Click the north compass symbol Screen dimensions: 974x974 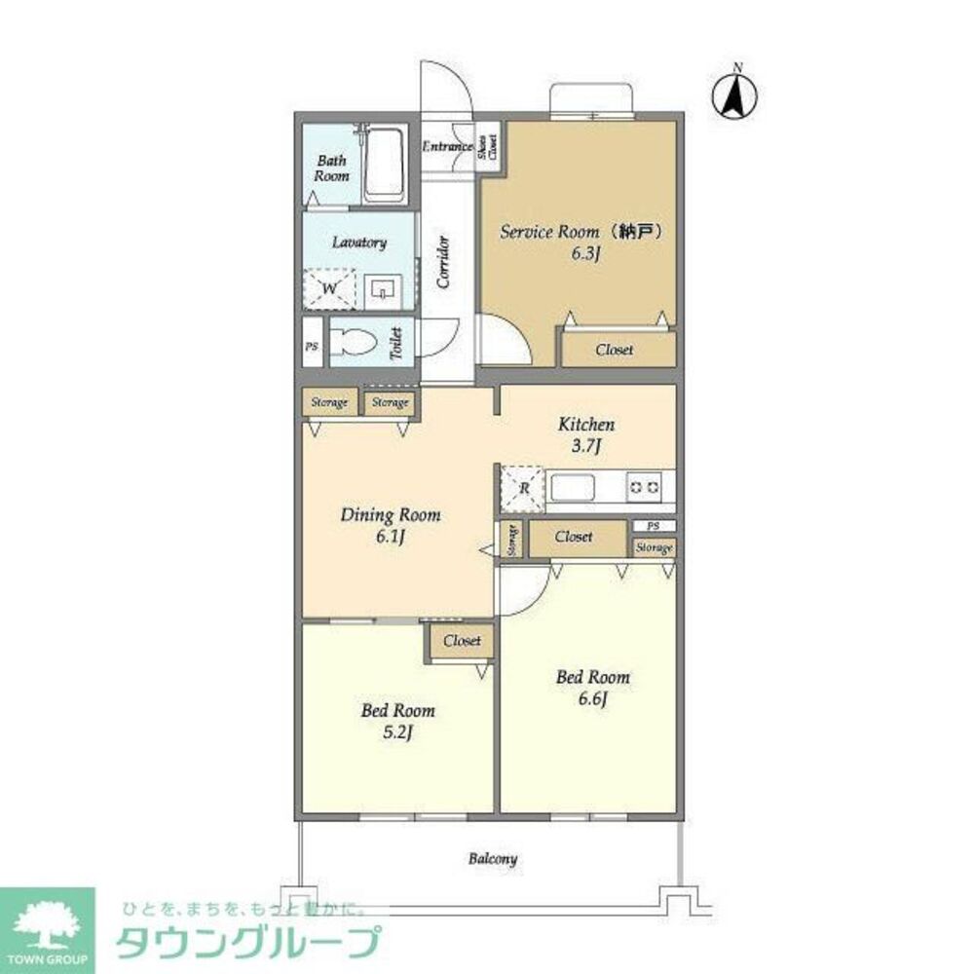737,95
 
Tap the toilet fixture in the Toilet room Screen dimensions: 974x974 350,342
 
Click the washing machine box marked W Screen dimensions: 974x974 329,288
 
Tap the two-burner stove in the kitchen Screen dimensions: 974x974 644,485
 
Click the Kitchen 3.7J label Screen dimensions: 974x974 586,434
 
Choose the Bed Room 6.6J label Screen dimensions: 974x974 592,687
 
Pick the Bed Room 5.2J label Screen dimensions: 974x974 397,721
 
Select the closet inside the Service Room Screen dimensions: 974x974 614,350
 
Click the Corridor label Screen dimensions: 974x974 443,261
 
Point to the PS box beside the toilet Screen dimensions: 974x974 312,345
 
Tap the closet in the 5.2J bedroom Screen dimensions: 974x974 462,642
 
